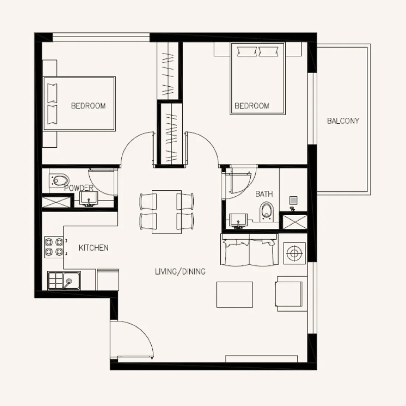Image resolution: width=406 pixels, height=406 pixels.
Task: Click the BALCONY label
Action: coord(343,121)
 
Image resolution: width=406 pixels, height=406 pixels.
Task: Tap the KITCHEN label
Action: coord(93,248)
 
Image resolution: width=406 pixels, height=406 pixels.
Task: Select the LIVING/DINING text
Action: coord(180,272)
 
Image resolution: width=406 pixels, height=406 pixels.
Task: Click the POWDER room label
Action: coord(79,188)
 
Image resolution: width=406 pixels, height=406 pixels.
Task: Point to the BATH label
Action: coord(264,194)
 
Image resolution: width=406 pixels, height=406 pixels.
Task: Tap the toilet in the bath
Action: coord(265,211)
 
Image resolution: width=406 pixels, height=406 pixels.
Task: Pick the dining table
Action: coord(166,212)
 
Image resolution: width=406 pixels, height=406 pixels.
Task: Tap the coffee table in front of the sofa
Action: coord(234,294)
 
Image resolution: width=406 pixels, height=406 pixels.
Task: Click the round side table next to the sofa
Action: coord(294,254)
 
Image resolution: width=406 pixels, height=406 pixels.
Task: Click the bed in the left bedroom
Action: coord(79,104)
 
